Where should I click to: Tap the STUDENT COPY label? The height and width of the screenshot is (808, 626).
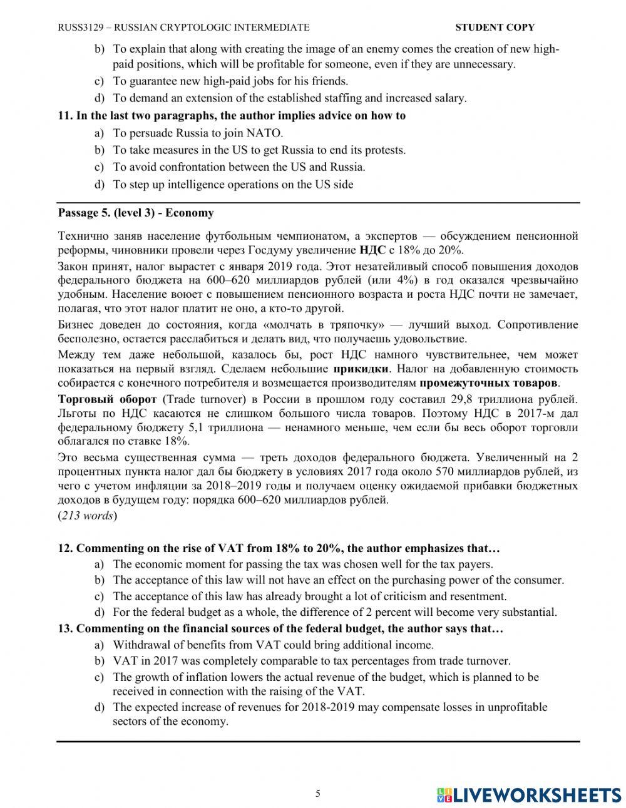[x=495, y=27]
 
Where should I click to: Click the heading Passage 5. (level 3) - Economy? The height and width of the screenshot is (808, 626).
[x=136, y=213]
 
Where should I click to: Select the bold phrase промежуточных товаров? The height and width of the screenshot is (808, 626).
[x=488, y=383]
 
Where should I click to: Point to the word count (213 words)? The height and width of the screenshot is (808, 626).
[x=88, y=516]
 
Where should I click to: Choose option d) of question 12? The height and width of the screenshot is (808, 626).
[x=334, y=612]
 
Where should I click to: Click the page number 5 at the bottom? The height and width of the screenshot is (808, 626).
[x=317, y=794]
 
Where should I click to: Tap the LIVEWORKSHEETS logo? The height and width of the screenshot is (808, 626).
[x=529, y=794]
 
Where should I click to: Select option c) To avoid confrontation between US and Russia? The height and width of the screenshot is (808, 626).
[x=239, y=166]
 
